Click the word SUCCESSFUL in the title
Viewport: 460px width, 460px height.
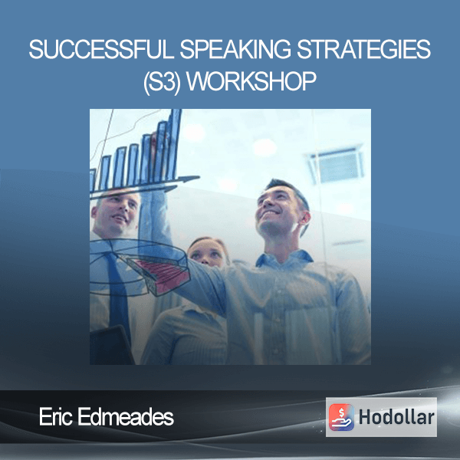[101, 49]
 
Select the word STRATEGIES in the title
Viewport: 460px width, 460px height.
[363, 49]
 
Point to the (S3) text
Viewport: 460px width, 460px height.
[162, 81]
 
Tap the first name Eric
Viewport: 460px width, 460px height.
[56, 416]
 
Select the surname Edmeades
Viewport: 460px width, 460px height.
[126, 416]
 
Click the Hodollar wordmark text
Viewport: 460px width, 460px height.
[396, 417]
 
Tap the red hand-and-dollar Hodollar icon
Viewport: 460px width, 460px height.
[341, 417]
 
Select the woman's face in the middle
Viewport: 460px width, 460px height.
[207, 253]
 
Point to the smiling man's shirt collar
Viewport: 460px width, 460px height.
[284, 258]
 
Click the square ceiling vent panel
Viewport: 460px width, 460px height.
[337, 164]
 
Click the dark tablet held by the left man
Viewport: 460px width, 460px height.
[111, 347]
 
